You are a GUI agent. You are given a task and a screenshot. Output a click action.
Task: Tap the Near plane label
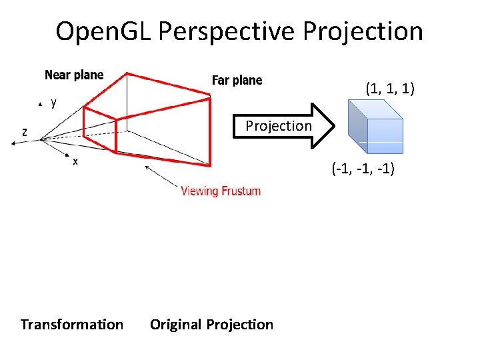coord(74,75)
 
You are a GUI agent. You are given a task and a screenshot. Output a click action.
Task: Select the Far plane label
coord(237,81)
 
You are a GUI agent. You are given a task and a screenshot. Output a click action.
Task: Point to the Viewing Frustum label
coord(221,191)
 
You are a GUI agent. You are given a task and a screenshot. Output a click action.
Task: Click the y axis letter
coord(53,104)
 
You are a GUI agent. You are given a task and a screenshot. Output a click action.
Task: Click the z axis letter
coord(25,132)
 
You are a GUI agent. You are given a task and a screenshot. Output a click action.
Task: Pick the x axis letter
coord(75,162)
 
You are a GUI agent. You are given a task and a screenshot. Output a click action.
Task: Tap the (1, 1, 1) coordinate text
coord(390,87)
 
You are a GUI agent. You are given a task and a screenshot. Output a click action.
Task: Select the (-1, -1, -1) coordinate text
coord(363,169)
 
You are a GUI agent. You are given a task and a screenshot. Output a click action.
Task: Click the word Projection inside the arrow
coord(279,125)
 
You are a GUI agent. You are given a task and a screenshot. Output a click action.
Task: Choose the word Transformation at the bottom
coord(72,325)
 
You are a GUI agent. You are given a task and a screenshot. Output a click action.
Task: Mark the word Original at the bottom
coord(176,325)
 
